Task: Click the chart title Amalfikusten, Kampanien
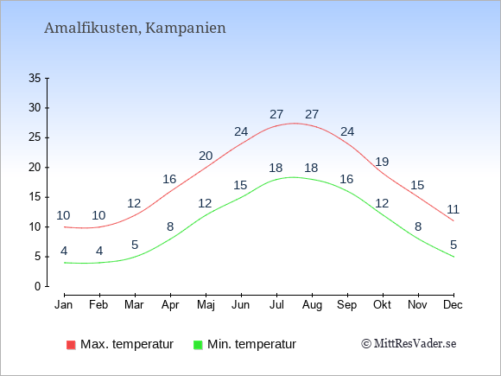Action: coord(135,28)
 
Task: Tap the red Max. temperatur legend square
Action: coord(71,345)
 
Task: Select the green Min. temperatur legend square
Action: coord(198,345)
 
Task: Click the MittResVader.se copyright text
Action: coord(409,344)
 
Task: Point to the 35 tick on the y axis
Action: coord(35,78)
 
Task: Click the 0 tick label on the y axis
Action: coord(38,286)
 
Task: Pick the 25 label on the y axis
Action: coord(35,137)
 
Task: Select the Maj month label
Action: coord(206,305)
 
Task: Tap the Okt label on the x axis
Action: coord(382,305)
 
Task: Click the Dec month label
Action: coord(453,305)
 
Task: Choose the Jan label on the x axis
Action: coord(64,305)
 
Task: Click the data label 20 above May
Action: coord(206,156)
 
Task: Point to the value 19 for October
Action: coord(382,162)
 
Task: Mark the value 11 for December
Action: coord(453,209)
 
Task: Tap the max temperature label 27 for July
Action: coord(276,114)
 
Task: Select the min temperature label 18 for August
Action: coord(311,168)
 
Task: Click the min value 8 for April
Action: coord(170,226)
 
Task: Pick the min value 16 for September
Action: coord(346,179)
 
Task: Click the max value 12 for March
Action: coord(134,203)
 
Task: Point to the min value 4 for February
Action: coord(99,251)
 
